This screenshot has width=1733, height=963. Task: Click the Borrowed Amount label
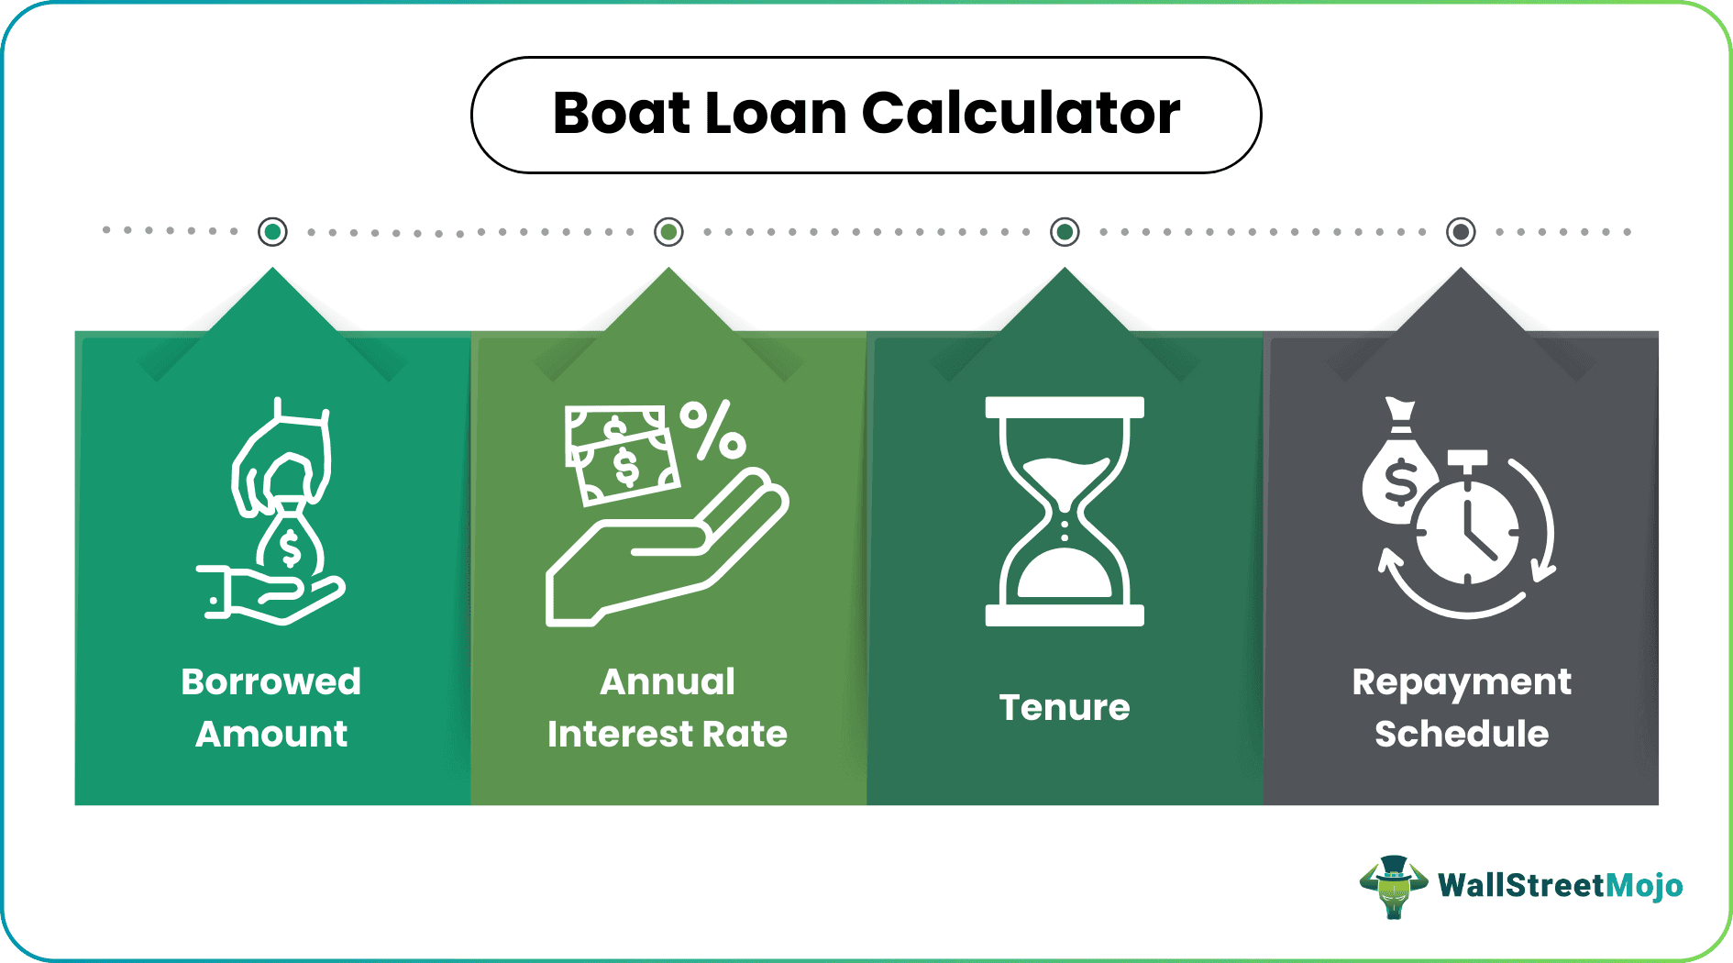click(x=271, y=707)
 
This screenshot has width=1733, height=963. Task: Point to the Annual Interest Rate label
click(x=668, y=707)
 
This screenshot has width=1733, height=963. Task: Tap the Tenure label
click(x=1064, y=707)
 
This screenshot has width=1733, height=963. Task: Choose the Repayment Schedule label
click(x=1461, y=707)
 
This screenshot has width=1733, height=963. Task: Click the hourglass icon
click(x=1065, y=511)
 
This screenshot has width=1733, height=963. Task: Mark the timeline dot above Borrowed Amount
click(x=272, y=232)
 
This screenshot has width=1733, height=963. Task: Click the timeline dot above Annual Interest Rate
click(x=668, y=232)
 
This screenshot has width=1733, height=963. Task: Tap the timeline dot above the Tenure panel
click(x=1065, y=232)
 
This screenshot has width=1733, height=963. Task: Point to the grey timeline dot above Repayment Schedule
click(x=1461, y=232)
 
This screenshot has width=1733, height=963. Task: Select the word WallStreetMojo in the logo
click(x=1560, y=886)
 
